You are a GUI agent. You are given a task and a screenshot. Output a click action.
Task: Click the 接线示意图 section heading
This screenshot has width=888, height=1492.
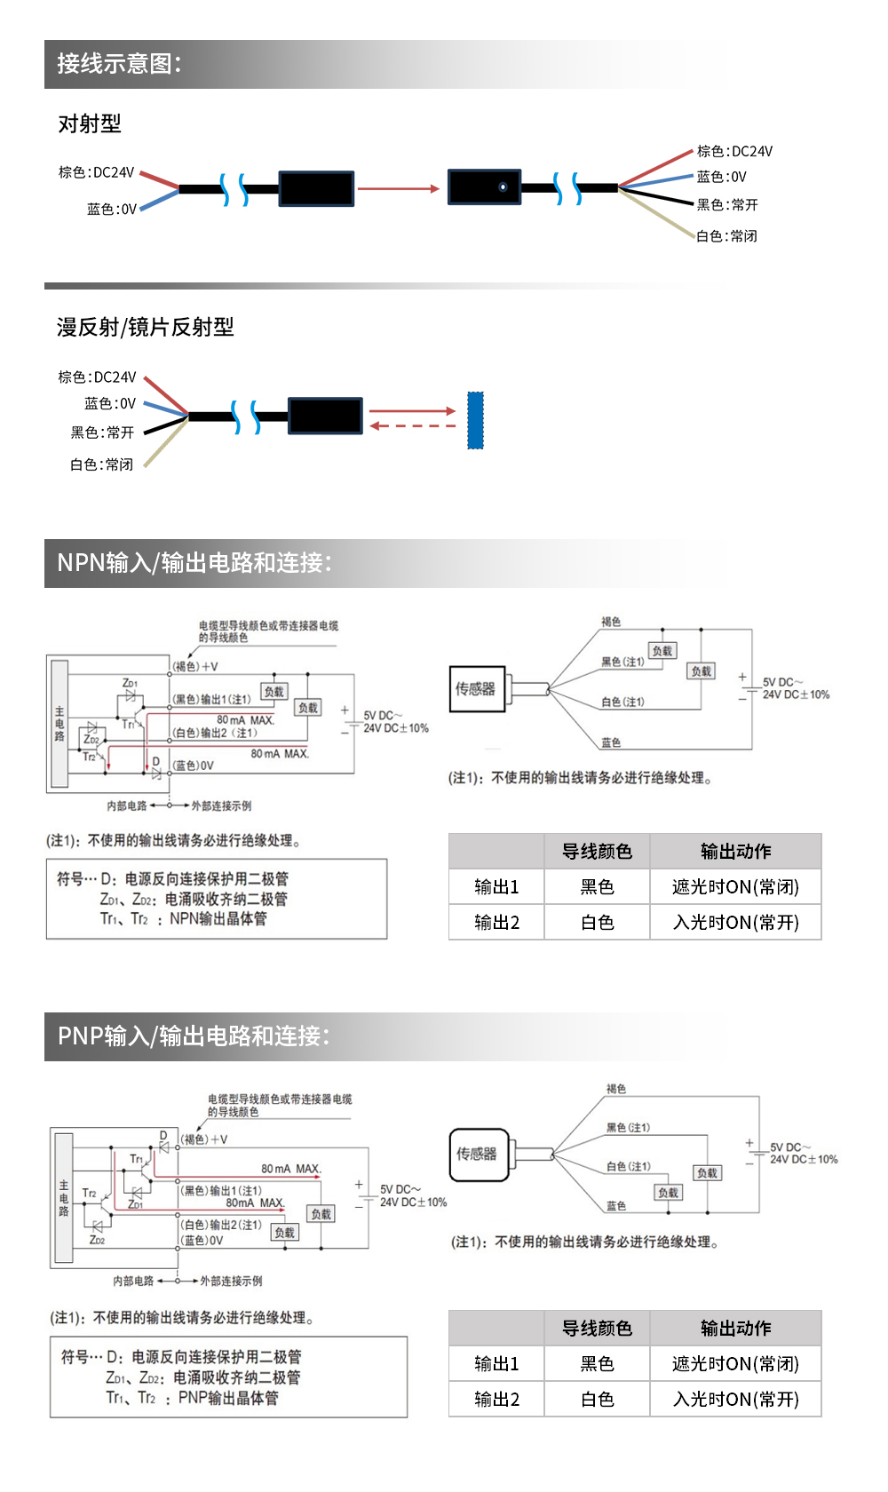pyautogui.click(x=119, y=64)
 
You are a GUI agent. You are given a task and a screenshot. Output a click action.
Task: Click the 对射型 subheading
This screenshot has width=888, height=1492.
pyautogui.click(x=90, y=123)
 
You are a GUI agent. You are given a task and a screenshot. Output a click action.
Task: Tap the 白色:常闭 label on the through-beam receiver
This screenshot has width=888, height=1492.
pyautogui.click(x=726, y=236)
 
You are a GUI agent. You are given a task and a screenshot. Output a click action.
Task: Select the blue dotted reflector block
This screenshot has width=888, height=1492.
pyautogui.click(x=475, y=420)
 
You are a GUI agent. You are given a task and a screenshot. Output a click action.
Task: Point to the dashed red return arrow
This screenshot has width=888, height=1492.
pyautogui.click(x=413, y=426)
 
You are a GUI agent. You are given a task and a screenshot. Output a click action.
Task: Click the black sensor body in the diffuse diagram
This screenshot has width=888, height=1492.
pyautogui.click(x=325, y=416)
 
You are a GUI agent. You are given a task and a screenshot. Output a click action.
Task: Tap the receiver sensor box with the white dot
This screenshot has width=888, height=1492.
pyautogui.click(x=484, y=187)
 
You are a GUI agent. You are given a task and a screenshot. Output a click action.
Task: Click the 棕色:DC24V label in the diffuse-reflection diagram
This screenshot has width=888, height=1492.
pyautogui.click(x=97, y=377)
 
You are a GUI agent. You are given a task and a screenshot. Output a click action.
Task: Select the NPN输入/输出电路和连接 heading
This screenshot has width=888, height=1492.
pyautogui.click(x=194, y=563)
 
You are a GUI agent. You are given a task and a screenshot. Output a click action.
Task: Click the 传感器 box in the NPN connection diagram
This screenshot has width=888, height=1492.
pyautogui.click(x=477, y=689)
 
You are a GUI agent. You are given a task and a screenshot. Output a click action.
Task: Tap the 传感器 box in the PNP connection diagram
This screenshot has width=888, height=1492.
pyautogui.click(x=478, y=1154)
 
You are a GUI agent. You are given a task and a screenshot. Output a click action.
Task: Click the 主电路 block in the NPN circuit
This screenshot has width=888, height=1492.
pyautogui.click(x=59, y=724)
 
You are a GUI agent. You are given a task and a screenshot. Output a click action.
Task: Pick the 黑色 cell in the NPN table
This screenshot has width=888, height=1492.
pyautogui.click(x=597, y=887)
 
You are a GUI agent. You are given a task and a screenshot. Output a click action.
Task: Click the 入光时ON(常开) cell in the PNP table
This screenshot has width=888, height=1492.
pyautogui.click(x=735, y=1400)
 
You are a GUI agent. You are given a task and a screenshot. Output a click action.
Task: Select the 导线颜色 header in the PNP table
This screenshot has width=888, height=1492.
pyautogui.click(x=597, y=1329)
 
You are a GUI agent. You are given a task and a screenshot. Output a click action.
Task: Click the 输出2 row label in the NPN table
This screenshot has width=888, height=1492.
pyautogui.click(x=496, y=923)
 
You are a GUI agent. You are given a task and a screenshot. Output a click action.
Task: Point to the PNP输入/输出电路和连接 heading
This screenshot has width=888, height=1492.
pyautogui.click(x=194, y=1036)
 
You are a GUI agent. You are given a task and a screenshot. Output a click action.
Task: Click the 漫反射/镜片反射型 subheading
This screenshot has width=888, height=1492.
pyautogui.click(x=146, y=328)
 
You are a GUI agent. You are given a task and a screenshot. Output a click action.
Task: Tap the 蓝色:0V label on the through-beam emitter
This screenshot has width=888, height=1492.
pyautogui.click(x=112, y=210)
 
